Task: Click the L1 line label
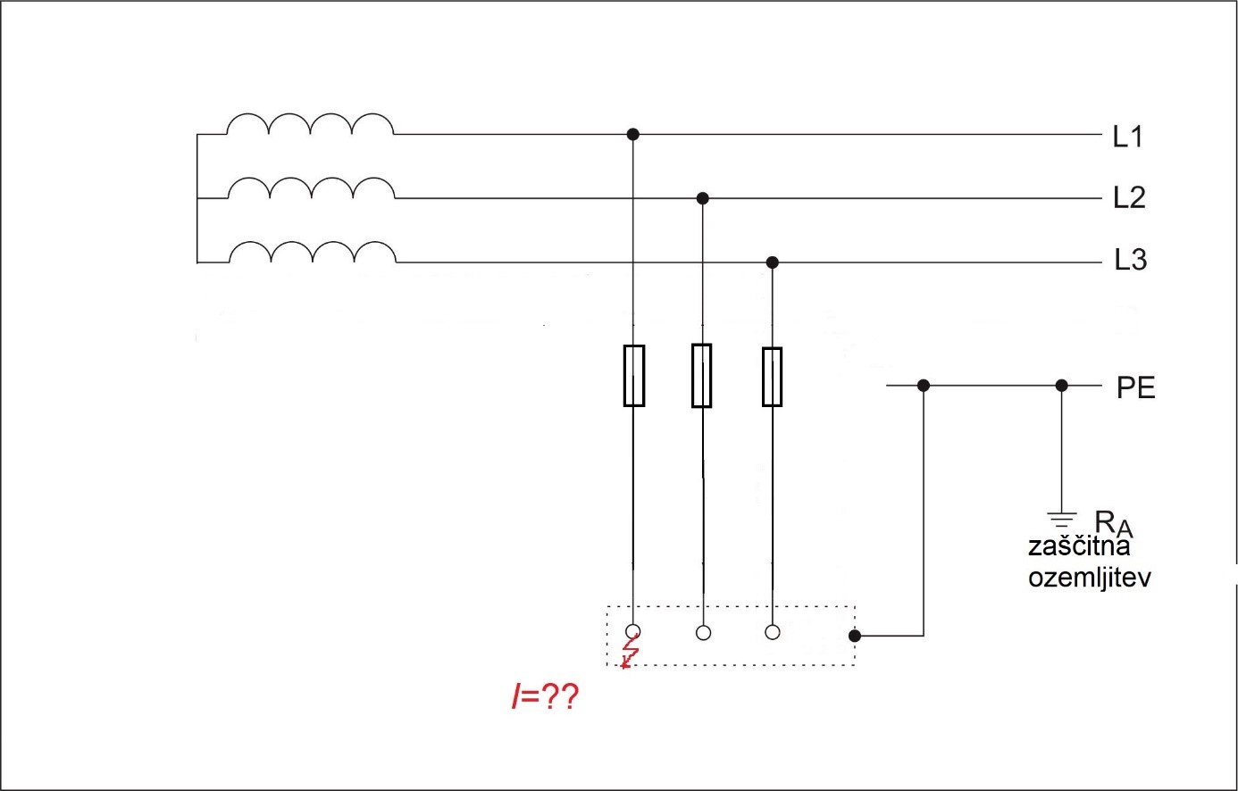pyautogui.click(x=1128, y=137)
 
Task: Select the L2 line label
pyautogui.click(x=1129, y=197)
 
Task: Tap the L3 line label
pyautogui.click(x=1130, y=260)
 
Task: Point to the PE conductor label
pyautogui.click(x=1135, y=388)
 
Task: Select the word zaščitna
pyautogui.click(x=1079, y=546)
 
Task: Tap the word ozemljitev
pyautogui.click(x=1089, y=577)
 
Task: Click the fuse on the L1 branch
pyautogui.click(x=633, y=375)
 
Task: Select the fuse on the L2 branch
pyautogui.click(x=702, y=375)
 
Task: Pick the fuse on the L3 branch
pyautogui.click(x=772, y=377)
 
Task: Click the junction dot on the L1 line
pyautogui.click(x=632, y=134)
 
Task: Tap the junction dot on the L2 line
pyautogui.click(x=702, y=197)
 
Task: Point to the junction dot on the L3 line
pyautogui.click(x=773, y=262)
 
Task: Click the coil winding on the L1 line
pyautogui.click(x=309, y=124)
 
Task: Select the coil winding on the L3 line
pyautogui.click(x=312, y=253)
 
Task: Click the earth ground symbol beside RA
pyautogui.click(x=1061, y=519)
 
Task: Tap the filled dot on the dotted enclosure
pyautogui.click(x=855, y=636)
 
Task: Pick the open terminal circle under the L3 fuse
pyautogui.click(x=773, y=632)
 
